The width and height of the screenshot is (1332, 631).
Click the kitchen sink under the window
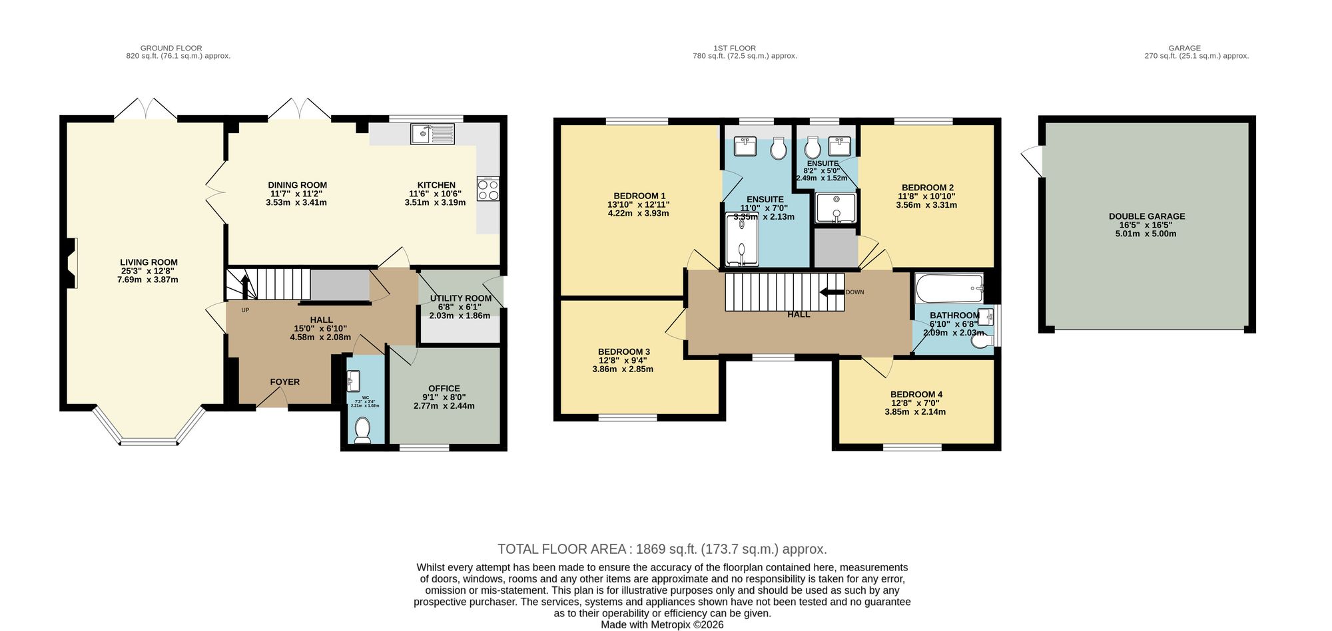click(432, 134)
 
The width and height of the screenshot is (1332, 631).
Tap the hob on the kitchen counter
click(488, 188)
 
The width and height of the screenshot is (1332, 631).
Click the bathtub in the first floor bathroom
click(949, 288)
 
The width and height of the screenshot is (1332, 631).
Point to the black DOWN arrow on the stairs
click(831, 292)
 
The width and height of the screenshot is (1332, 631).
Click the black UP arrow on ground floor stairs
click(244, 288)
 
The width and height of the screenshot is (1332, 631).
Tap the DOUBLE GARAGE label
click(1146, 216)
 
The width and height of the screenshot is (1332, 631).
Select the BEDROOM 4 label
click(916, 394)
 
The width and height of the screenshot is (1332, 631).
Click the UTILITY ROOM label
click(460, 298)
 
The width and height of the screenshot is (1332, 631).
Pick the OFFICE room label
click(444, 388)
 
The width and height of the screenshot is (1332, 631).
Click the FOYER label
click(284, 381)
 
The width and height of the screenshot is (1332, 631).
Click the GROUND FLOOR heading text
click(171, 48)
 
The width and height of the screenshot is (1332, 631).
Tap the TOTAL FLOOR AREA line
click(662, 549)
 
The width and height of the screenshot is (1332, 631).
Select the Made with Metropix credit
click(662, 624)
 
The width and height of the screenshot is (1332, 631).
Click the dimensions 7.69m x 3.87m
click(147, 280)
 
